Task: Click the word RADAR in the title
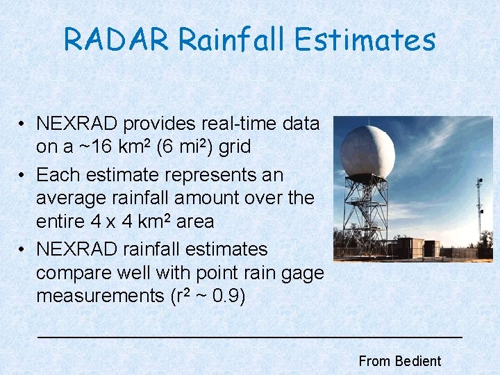116,40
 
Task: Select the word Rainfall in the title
232,40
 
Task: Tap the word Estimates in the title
365,40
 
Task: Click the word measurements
99,296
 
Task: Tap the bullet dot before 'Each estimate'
23,174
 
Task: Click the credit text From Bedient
399,361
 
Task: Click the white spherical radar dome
367,152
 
